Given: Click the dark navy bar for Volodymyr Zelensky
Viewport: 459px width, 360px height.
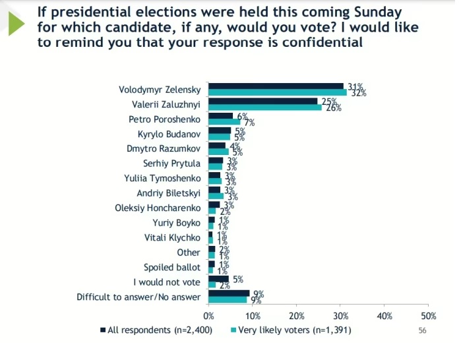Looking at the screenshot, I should coord(276,86).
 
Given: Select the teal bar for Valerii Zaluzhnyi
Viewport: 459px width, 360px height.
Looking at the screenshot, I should coord(265,107).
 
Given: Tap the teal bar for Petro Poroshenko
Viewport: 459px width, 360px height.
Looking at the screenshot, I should coord(224,122).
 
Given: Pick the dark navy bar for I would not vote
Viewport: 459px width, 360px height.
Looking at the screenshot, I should coord(218,279).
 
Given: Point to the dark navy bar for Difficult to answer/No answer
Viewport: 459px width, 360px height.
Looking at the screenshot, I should coord(229,293).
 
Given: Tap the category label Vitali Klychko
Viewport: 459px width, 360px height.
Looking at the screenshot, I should coord(171,238).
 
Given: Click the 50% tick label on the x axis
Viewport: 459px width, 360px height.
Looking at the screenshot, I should coord(428,316).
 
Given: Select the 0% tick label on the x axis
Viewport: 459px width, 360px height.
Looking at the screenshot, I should coord(209,316).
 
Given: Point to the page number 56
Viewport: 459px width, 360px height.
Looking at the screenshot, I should coord(423,330).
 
